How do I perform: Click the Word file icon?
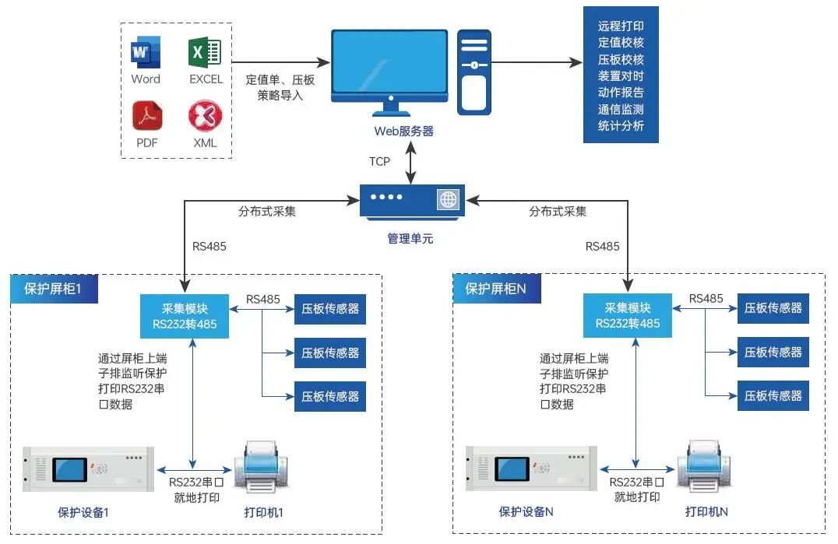pyautogui.click(x=145, y=54)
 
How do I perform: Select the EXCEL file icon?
pyautogui.click(x=205, y=52)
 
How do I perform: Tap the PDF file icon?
pyautogui.click(x=146, y=116)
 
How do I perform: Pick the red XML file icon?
pyautogui.click(x=205, y=116)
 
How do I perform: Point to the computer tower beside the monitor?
pyautogui.click(x=474, y=72)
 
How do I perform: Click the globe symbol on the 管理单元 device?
pyautogui.click(x=449, y=199)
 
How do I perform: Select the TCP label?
pyautogui.click(x=379, y=162)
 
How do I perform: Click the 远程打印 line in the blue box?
pyautogui.click(x=621, y=26)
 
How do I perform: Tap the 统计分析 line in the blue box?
pyautogui.click(x=621, y=125)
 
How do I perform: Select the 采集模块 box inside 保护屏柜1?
pyautogui.click(x=185, y=316)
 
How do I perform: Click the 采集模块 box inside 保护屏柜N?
pyautogui.click(x=627, y=315)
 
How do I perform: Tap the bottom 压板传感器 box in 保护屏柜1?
pyautogui.click(x=330, y=396)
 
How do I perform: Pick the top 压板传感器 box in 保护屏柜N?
pyautogui.click(x=773, y=308)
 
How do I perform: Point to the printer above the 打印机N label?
pyautogui.click(x=705, y=468)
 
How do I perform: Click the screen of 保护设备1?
pyautogui.click(x=70, y=470)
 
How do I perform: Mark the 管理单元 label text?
pyautogui.click(x=410, y=239)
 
